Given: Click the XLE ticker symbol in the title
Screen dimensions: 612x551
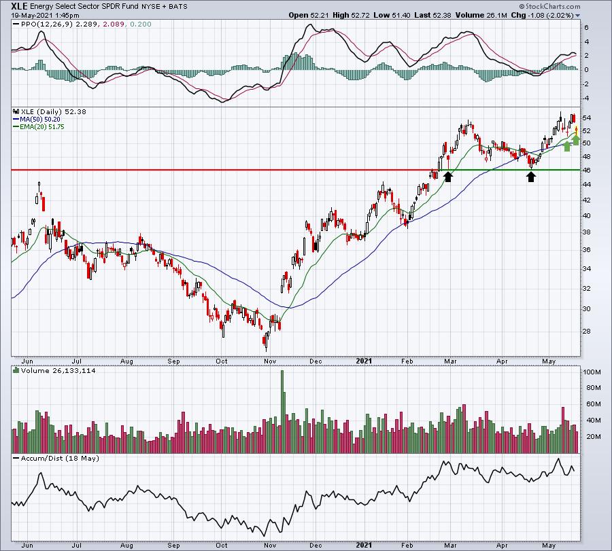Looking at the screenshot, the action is [x=20, y=6].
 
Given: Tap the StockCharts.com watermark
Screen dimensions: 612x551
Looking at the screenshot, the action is [x=550, y=6].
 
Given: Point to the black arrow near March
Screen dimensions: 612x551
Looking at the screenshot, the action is [x=448, y=177].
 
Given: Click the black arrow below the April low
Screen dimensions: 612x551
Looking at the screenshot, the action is [x=531, y=177].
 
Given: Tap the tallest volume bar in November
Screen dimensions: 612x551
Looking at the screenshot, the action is [x=282, y=412].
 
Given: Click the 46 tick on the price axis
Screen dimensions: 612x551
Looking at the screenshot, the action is [x=587, y=171].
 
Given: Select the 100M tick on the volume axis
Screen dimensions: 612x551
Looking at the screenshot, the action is [x=592, y=372].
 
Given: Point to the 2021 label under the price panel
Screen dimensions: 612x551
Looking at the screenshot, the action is [x=364, y=361].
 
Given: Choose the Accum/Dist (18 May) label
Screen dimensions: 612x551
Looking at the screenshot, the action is [x=60, y=458].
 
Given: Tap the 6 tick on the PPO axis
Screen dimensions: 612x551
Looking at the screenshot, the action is [x=586, y=28].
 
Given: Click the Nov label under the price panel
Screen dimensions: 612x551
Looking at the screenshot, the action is [x=270, y=361].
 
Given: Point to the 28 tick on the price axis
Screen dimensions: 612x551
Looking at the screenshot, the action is [x=587, y=332].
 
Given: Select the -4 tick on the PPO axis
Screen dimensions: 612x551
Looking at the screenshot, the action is [x=585, y=99].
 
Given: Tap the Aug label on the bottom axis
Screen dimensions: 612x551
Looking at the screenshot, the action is [x=126, y=545].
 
